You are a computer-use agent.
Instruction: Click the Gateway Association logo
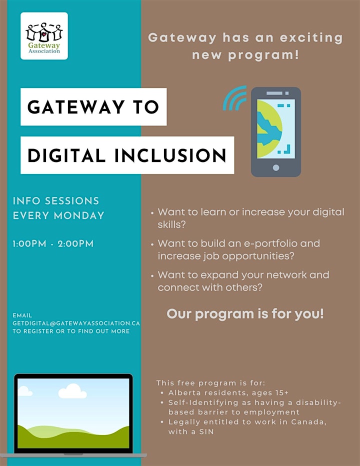pyautogui.click(x=44, y=36)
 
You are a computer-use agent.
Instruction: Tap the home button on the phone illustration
pyautogui.click(x=276, y=167)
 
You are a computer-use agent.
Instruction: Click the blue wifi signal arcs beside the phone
pyautogui.click(x=235, y=98)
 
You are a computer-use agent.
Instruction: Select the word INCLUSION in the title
pyautogui.click(x=170, y=155)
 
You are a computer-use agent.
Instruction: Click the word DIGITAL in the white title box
pyautogui.click(x=66, y=155)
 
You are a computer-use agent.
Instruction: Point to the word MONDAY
pyautogui.click(x=79, y=215)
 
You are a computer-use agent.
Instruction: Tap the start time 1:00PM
pyautogui.click(x=29, y=243)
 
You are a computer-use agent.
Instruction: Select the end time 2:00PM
pyautogui.click(x=75, y=243)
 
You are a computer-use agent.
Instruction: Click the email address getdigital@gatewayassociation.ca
pyautogui.click(x=76, y=323)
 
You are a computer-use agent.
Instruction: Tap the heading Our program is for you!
pyautogui.click(x=245, y=314)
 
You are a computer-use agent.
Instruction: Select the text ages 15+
pyautogui.click(x=270, y=393)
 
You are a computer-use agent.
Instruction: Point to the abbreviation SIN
pyautogui.click(x=206, y=431)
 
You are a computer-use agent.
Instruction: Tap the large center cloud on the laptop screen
pyautogui.click(x=72, y=391)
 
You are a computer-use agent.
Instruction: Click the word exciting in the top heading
pyautogui.click(x=311, y=38)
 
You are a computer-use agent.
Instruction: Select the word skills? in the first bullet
pyautogui.click(x=171, y=224)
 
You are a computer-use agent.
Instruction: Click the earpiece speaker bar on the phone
pyautogui.click(x=274, y=93)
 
